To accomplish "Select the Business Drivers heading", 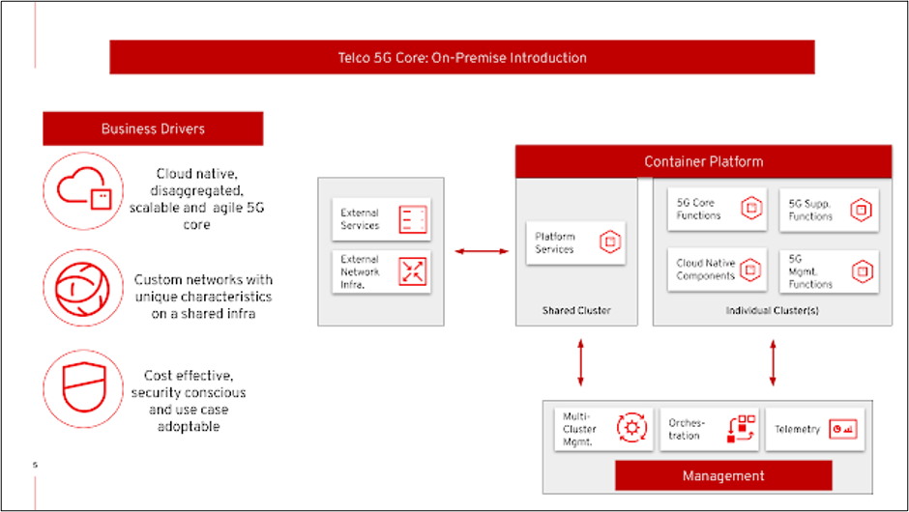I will tap(153, 128).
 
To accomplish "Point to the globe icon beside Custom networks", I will tap(83, 288).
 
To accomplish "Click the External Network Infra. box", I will tap(381, 271).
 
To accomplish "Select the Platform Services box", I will tap(575, 242).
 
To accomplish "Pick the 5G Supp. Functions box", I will tap(829, 210).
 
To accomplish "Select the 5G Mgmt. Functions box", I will tap(829, 271).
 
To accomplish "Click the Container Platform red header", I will tap(703, 161).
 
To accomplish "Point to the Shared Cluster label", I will tap(576, 311).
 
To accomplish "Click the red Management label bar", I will tap(723, 475).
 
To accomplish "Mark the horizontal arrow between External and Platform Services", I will tap(482, 252).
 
